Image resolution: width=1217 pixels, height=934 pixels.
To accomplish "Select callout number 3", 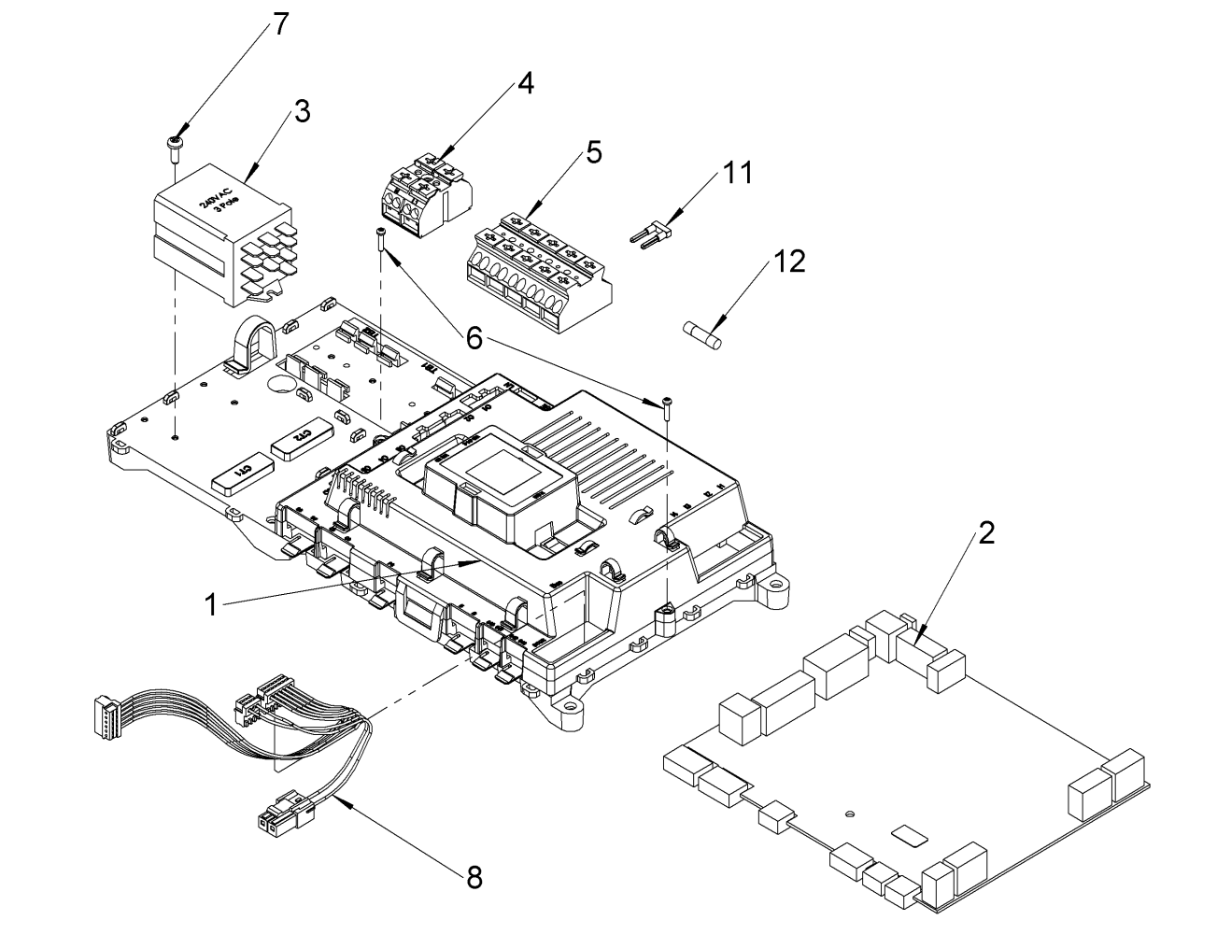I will (x=301, y=112).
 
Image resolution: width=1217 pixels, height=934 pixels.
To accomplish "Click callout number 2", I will (x=986, y=534).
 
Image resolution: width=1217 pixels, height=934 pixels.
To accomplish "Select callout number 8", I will (x=475, y=875).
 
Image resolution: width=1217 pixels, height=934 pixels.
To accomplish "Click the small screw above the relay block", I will (x=175, y=143).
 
